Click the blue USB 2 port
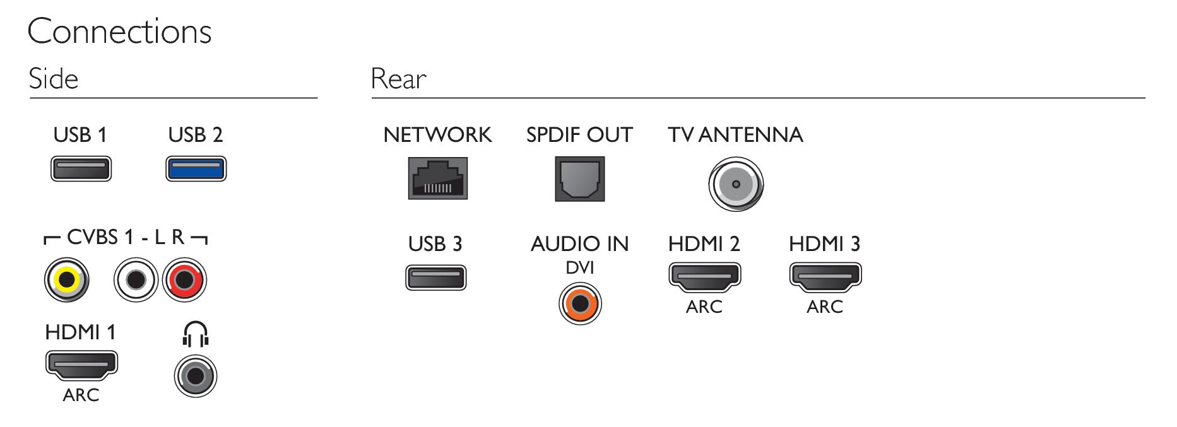(x=196, y=168)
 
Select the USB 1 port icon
(x=81, y=168)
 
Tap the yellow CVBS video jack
(x=66, y=279)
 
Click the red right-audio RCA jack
(x=184, y=279)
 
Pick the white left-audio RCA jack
(x=136, y=279)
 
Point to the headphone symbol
(x=196, y=334)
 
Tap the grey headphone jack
(x=196, y=376)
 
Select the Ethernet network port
(x=438, y=178)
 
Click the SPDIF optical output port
(x=580, y=179)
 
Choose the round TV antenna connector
(x=736, y=184)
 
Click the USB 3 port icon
(x=435, y=278)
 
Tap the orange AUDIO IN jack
(x=580, y=303)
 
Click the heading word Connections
(x=119, y=32)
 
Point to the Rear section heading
(x=398, y=79)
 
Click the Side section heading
(x=54, y=79)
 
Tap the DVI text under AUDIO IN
(x=580, y=267)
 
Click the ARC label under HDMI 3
(x=825, y=307)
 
